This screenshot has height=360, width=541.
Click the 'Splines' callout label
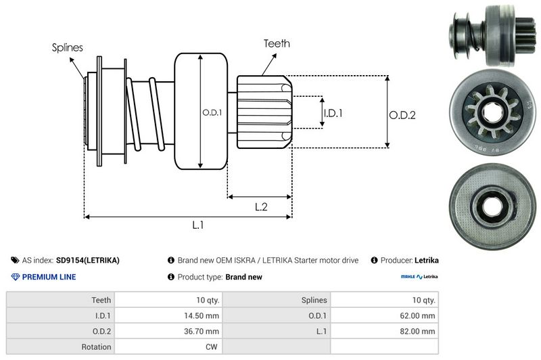(68, 48)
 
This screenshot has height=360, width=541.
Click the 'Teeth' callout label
(277, 43)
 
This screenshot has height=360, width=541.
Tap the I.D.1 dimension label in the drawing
(333, 113)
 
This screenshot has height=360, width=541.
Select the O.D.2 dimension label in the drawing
(402, 115)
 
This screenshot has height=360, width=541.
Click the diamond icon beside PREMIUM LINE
(15, 277)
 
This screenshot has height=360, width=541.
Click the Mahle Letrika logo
(419, 277)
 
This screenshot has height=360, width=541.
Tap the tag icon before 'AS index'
(15, 260)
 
